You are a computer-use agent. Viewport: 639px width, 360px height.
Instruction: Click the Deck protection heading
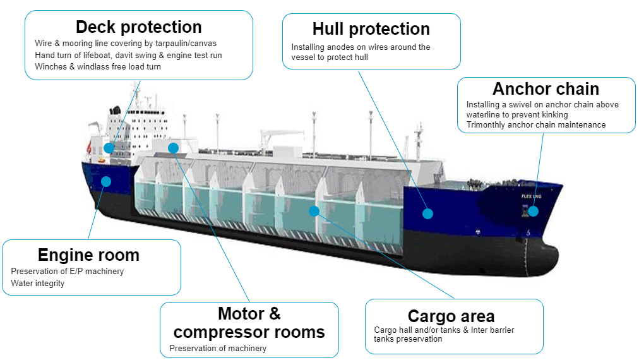[139, 27]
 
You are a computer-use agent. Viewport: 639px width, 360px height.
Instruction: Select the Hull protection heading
[371, 29]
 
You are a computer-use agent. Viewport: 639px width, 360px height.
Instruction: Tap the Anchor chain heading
[546, 88]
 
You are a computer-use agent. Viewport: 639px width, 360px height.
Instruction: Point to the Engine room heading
[88, 255]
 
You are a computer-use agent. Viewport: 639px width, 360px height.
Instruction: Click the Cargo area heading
[451, 316]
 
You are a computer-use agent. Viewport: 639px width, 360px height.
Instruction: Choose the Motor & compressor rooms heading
[249, 323]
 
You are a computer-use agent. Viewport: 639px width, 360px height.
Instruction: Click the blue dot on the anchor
[534, 211]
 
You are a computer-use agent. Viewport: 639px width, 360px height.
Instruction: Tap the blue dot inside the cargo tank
[314, 211]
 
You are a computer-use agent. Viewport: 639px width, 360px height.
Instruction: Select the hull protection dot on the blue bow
[427, 213]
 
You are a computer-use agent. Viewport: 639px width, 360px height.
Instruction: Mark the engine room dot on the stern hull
[106, 181]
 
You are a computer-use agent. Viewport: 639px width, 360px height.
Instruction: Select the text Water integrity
[37, 283]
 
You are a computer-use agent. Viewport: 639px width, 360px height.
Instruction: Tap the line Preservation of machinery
[218, 348]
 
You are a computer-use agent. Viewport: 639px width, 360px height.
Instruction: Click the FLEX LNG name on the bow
[532, 196]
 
